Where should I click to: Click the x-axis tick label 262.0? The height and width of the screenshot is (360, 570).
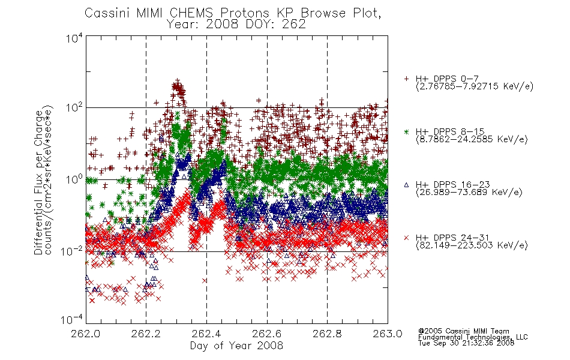[x=85, y=334]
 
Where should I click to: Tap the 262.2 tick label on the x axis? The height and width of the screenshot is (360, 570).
[x=146, y=334]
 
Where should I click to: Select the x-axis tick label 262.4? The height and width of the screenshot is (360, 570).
[x=206, y=334]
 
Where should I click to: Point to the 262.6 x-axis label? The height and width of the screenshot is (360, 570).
[x=267, y=334]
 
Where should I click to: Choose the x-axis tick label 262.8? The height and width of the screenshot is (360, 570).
[x=327, y=334]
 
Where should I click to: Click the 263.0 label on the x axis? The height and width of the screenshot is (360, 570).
[x=388, y=334]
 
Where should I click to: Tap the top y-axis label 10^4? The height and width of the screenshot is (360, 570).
[x=74, y=38]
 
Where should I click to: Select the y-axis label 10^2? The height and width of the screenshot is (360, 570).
[x=74, y=107]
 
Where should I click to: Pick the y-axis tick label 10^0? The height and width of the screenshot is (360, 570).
[x=74, y=179]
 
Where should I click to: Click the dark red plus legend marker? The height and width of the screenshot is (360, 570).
[x=406, y=79]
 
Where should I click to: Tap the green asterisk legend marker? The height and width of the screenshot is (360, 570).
[x=406, y=131]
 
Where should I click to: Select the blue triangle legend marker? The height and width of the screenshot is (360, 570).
[x=406, y=185]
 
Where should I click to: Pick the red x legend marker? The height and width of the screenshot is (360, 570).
[x=406, y=238]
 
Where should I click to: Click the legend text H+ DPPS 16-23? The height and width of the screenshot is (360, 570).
[x=452, y=185]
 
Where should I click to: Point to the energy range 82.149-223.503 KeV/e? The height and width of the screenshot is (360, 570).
[x=472, y=245]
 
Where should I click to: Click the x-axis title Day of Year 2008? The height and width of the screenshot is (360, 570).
[x=236, y=346]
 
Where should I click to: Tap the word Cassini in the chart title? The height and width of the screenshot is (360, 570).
[x=107, y=13]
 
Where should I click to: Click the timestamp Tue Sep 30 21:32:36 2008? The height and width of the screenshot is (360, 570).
[x=466, y=343]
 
